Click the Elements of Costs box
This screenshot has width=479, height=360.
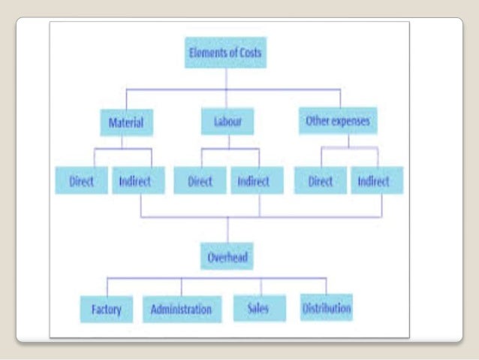click(225, 54)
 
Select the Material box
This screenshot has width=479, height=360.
click(126, 122)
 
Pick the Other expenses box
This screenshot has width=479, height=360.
click(337, 120)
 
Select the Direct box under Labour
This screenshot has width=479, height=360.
click(199, 181)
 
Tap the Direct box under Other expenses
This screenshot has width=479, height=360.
click(320, 181)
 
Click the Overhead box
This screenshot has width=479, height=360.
click(228, 258)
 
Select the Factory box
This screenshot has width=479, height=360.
click(107, 308)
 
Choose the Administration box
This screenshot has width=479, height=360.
click(181, 308)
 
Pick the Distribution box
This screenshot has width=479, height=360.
click(327, 307)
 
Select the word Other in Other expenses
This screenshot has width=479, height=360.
click(316, 120)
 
